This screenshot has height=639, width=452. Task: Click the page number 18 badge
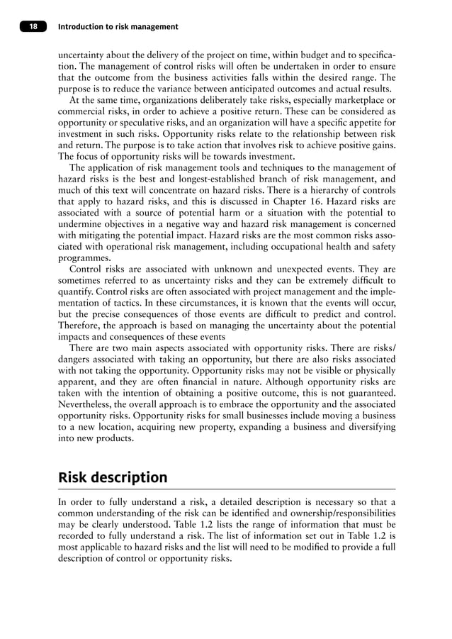tap(33, 27)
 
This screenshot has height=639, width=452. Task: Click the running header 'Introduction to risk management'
tap(118, 27)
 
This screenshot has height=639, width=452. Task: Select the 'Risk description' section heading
tap(113, 477)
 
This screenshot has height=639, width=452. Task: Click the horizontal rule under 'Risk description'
tap(226, 489)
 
